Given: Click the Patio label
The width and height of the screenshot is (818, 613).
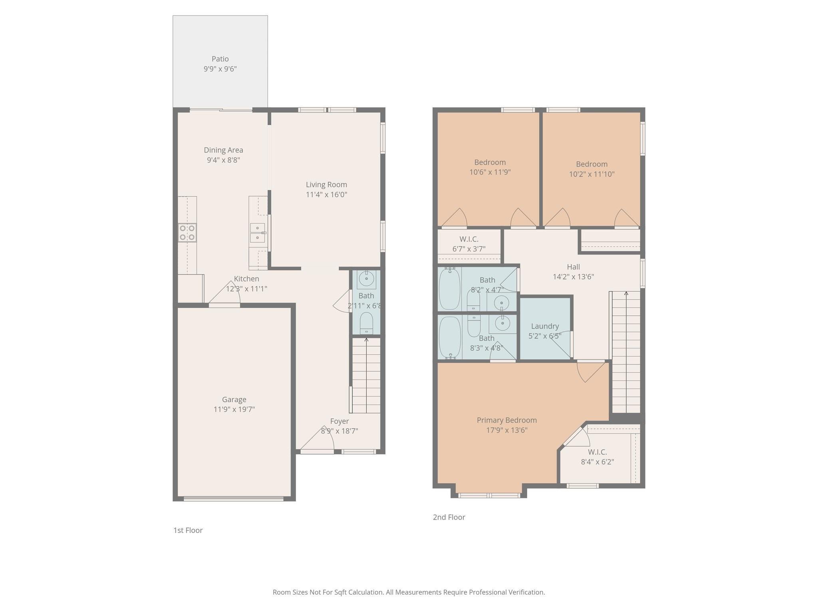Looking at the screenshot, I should pyautogui.click(x=220, y=59).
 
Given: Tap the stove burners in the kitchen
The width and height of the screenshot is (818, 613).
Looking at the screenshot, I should pyautogui.click(x=187, y=233).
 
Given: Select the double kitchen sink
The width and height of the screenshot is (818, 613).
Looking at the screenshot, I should pyautogui.click(x=258, y=233).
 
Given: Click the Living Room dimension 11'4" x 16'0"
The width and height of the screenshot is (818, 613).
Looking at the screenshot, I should pyautogui.click(x=326, y=195).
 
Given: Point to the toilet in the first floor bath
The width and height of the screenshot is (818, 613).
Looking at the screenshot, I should pyautogui.click(x=366, y=322).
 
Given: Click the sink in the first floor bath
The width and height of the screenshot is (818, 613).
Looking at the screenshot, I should pyautogui.click(x=366, y=279).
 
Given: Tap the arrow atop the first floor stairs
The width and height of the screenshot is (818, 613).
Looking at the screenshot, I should pyautogui.click(x=366, y=340).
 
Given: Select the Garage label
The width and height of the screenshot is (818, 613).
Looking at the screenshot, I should pyautogui.click(x=234, y=399).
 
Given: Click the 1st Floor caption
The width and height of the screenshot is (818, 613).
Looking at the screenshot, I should pyautogui.click(x=188, y=530).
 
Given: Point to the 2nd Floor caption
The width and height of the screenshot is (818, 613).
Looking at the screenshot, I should pyautogui.click(x=449, y=517).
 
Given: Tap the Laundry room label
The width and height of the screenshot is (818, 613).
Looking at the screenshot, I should pyautogui.click(x=545, y=326).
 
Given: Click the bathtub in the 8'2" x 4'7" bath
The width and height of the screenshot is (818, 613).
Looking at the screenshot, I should pyautogui.click(x=450, y=289).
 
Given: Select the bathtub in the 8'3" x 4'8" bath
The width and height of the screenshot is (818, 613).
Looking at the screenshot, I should pyautogui.click(x=450, y=338).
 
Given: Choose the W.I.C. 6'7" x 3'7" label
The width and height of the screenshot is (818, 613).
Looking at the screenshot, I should pyautogui.click(x=469, y=239).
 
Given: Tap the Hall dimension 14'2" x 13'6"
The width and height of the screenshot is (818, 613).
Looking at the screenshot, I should pyautogui.click(x=573, y=277).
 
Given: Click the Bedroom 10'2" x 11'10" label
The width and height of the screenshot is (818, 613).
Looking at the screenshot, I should pyautogui.click(x=592, y=164).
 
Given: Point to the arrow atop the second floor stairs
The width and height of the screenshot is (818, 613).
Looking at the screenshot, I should pyautogui.click(x=626, y=294).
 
